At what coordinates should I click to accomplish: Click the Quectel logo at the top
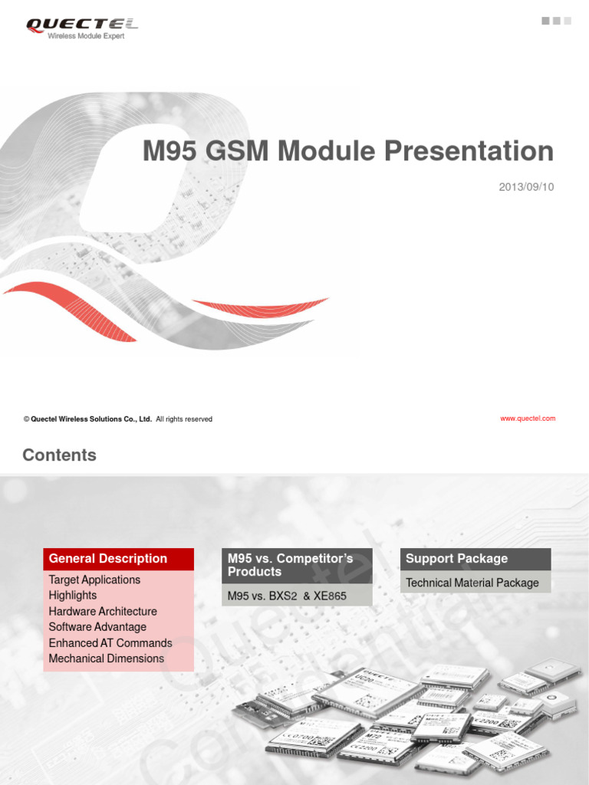tap(82, 25)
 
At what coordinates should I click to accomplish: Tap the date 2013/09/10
tap(526, 187)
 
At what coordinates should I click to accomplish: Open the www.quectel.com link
tap(527, 419)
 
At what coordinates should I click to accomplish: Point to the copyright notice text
tap(117, 419)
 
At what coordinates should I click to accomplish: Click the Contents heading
tap(60, 455)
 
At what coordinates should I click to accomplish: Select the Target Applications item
tap(94, 580)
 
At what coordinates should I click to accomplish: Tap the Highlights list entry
tap(73, 595)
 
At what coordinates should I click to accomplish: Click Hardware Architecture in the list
tap(103, 611)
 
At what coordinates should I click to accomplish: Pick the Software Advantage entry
tap(97, 627)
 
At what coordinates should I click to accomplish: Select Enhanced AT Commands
tap(110, 642)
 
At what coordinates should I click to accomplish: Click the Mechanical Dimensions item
tap(107, 659)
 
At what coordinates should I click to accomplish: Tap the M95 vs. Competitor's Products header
tap(291, 565)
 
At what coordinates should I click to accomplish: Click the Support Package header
tap(456, 559)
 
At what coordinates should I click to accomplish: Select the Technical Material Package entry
tap(472, 583)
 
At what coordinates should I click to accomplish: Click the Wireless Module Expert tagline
tap(86, 36)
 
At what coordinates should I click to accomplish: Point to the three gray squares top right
tap(557, 21)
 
